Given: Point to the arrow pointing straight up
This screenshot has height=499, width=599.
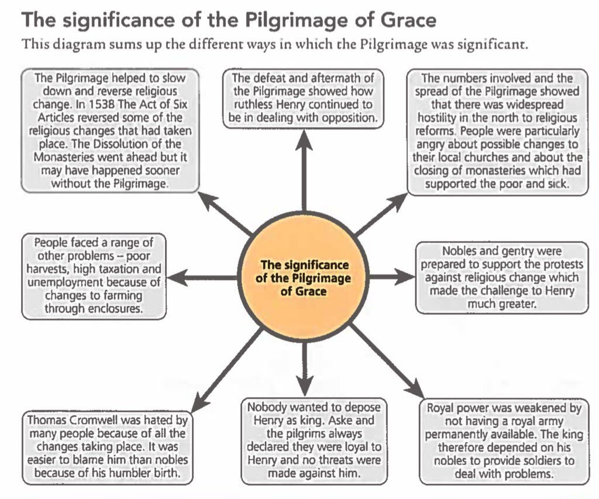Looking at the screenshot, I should [303, 170].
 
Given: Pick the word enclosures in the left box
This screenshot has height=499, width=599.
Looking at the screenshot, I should [113, 308].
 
